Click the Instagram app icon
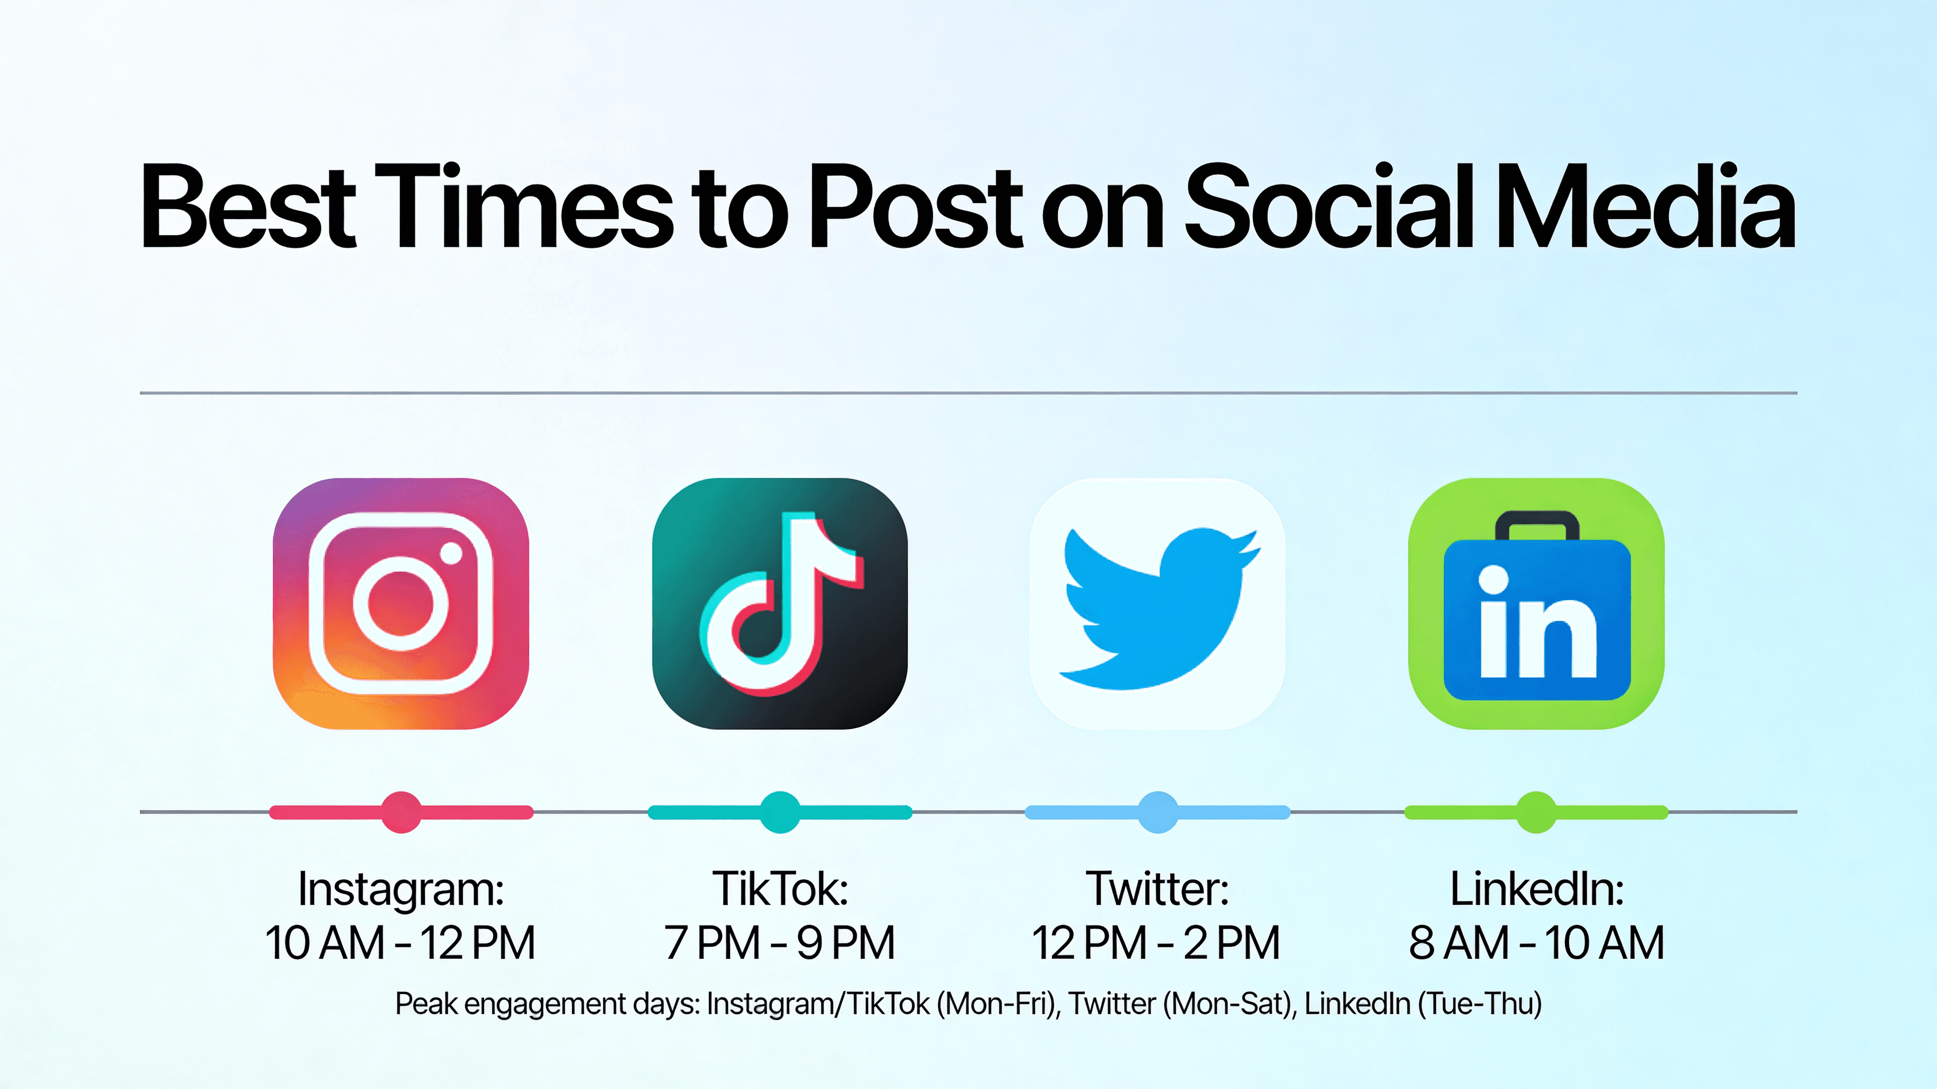(401, 603)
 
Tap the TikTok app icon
(780, 603)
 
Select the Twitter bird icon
(1158, 603)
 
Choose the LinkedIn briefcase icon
(1536, 603)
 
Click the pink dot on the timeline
(401, 812)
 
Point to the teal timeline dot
(780, 812)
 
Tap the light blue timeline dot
(1158, 812)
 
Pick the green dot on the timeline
(1536, 812)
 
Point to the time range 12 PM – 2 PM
(1156, 943)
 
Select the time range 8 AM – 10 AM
(1536, 943)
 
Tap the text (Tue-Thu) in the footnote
(1480, 1005)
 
